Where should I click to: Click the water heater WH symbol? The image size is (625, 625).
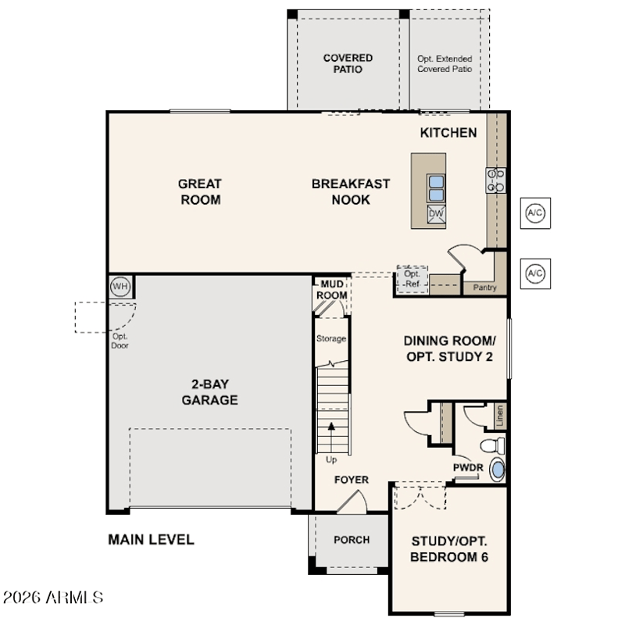pos(120,286)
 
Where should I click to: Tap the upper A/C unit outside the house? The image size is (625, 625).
pos(535,212)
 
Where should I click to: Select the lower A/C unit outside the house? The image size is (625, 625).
pos(535,273)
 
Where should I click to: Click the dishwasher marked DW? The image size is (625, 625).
pos(436,213)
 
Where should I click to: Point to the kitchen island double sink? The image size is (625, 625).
pos(436,188)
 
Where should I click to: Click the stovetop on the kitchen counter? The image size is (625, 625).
pos(496,180)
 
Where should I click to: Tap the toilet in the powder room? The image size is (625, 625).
pos(493,445)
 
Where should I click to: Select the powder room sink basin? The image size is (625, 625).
pos(498,470)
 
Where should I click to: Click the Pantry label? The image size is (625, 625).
pos(484,287)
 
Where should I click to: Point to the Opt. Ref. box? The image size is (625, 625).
pos(412,279)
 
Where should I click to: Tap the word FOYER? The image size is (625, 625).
pos(351,480)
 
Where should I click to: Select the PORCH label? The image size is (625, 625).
pos(352,540)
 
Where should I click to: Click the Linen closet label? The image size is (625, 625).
pos(500,416)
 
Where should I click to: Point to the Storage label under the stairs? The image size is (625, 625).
pos(330,339)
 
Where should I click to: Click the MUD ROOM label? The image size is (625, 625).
pos(331,290)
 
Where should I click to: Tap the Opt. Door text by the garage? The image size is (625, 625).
pos(120,341)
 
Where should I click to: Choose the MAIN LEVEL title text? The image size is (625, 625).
pos(151,540)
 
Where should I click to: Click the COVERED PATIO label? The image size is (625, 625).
pos(348,64)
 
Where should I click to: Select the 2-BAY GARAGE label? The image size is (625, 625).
pos(209,392)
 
